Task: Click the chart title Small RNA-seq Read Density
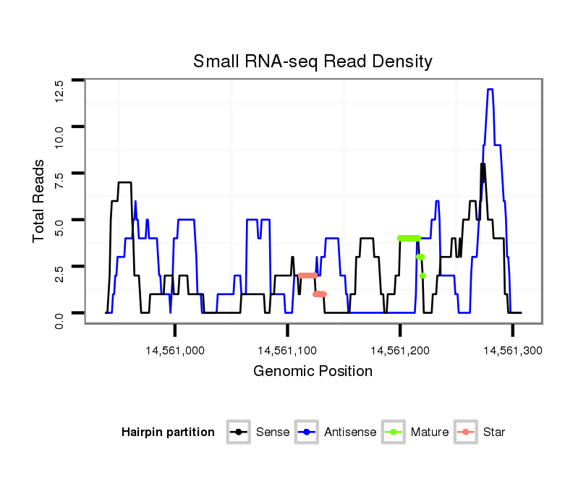(x=313, y=61)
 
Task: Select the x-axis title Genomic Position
(x=313, y=372)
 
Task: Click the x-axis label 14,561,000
(x=175, y=351)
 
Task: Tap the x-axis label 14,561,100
(x=288, y=351)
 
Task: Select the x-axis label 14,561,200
(x=400, y=351)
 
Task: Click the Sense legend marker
(x=238, y=432)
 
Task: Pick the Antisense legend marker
(x=307, y=432)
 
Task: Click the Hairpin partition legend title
(x=168, y=432)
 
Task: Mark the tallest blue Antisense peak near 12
(x=490, y=90)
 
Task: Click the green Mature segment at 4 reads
(x=409, y=238)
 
